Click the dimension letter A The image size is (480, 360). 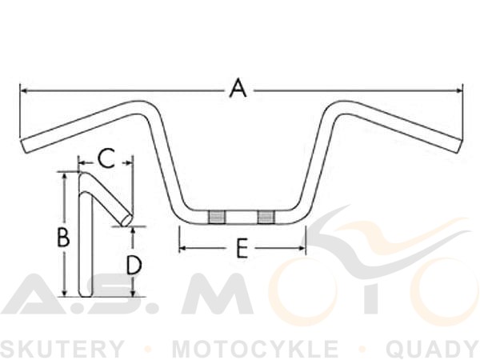point(238,88)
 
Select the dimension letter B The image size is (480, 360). point(63,238)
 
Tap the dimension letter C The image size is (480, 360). point(106,158)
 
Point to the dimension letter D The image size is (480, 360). point(134,265)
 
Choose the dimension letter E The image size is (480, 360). point(242,248)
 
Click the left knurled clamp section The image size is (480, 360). point(217,217)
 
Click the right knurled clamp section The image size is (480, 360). point(266,217)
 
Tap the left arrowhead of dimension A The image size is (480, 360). point(22,90)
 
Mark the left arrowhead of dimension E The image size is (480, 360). point(182,248)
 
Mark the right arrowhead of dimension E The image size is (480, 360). point(302,248)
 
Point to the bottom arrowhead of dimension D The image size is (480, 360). point(133,294)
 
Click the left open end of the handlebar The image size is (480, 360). point(25,146)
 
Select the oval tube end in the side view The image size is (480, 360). point(127,220)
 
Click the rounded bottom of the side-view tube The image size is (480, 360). point(85,294)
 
